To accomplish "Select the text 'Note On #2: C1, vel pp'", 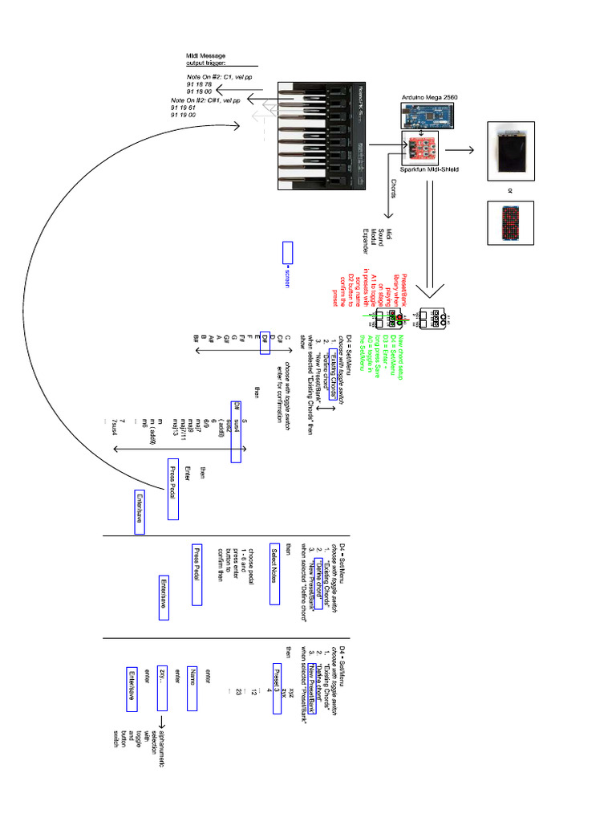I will (x=208, y=77).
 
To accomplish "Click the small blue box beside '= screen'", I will (x=288, y=252).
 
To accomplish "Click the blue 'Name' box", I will (x=192, y=688).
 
